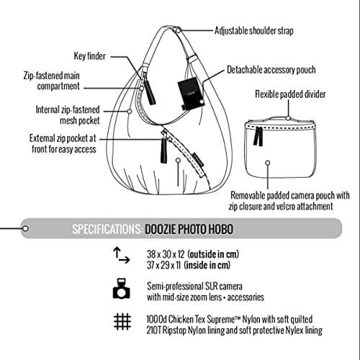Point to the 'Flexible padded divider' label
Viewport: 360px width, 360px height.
[x=290, y=94]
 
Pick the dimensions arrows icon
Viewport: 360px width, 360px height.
[x=120, y=256]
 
